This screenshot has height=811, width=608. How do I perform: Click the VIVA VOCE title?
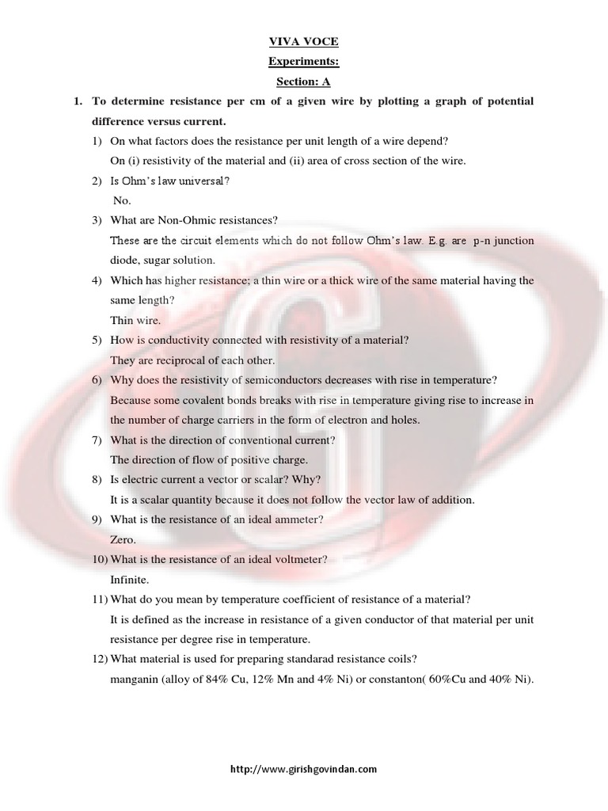pos(304,47)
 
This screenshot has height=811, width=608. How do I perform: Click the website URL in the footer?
pos(303,768)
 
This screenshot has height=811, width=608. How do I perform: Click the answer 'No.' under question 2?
pos(121,201)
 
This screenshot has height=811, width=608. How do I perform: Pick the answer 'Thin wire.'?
pos(135,321)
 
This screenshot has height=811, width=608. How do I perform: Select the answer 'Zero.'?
pos(123,539)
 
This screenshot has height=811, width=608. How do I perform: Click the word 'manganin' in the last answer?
pos(134,679)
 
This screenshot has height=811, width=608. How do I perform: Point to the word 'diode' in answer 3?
pos(124,260)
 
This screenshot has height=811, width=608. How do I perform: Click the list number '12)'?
pos(99,659)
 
